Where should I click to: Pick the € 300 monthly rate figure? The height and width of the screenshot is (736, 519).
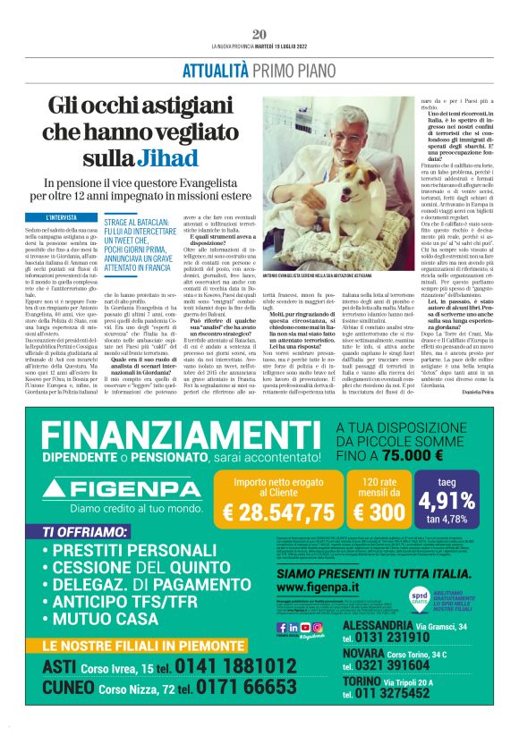pos(379,513)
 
